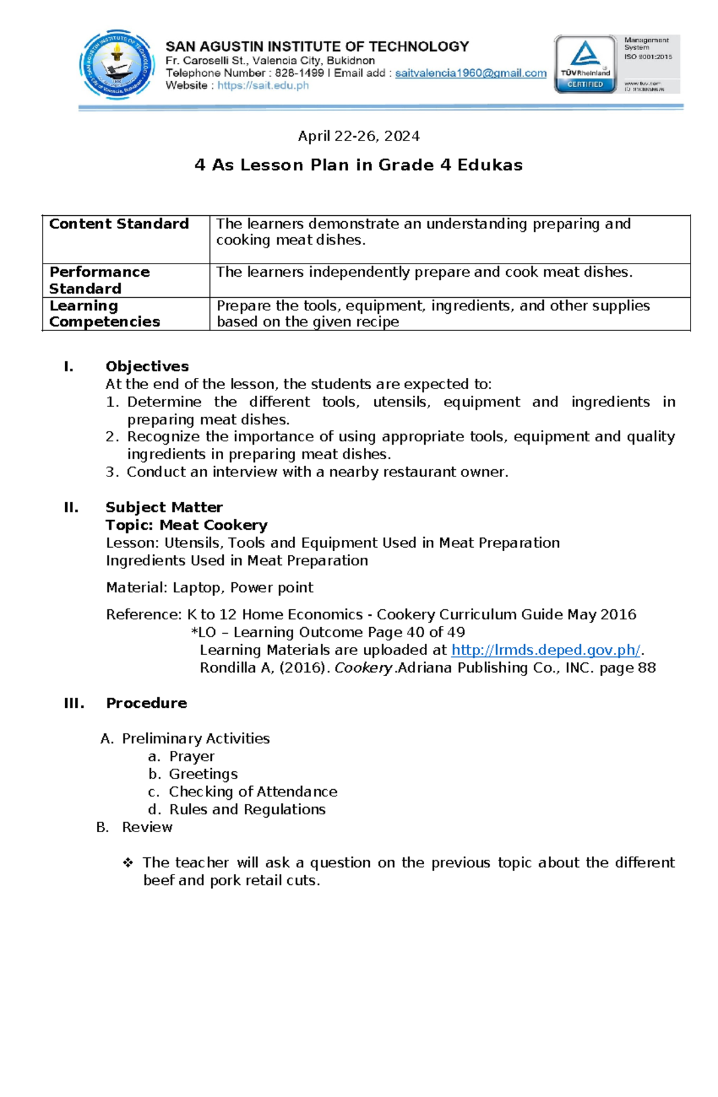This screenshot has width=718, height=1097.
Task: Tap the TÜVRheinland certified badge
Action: (585, 64)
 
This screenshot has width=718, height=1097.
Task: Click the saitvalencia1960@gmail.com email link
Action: (470, 73)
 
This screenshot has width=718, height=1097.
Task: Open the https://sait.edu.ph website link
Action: (263, 85)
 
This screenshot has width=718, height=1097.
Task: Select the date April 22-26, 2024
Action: (358, 136)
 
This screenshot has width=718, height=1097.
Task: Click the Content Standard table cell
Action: (118, 224)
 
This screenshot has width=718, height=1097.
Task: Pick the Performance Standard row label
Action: (99, 280)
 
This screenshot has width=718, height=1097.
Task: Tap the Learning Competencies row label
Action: (104, 314)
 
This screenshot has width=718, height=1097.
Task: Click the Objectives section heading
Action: (147, 366)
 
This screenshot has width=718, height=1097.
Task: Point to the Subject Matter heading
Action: (164, 508)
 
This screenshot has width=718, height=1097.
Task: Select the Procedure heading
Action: (146, 703)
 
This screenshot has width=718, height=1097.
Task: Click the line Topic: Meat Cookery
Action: (186, 525)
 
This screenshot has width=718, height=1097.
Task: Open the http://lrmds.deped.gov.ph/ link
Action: (545, 650)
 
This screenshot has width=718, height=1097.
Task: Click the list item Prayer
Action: (191, 756)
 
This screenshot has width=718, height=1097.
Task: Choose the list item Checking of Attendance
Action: (252, 792)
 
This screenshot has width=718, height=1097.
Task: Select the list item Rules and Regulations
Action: (247, 809)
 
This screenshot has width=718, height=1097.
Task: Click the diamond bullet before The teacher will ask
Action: (127, 863)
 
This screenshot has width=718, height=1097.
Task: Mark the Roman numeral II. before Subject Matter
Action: (71, 508)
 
